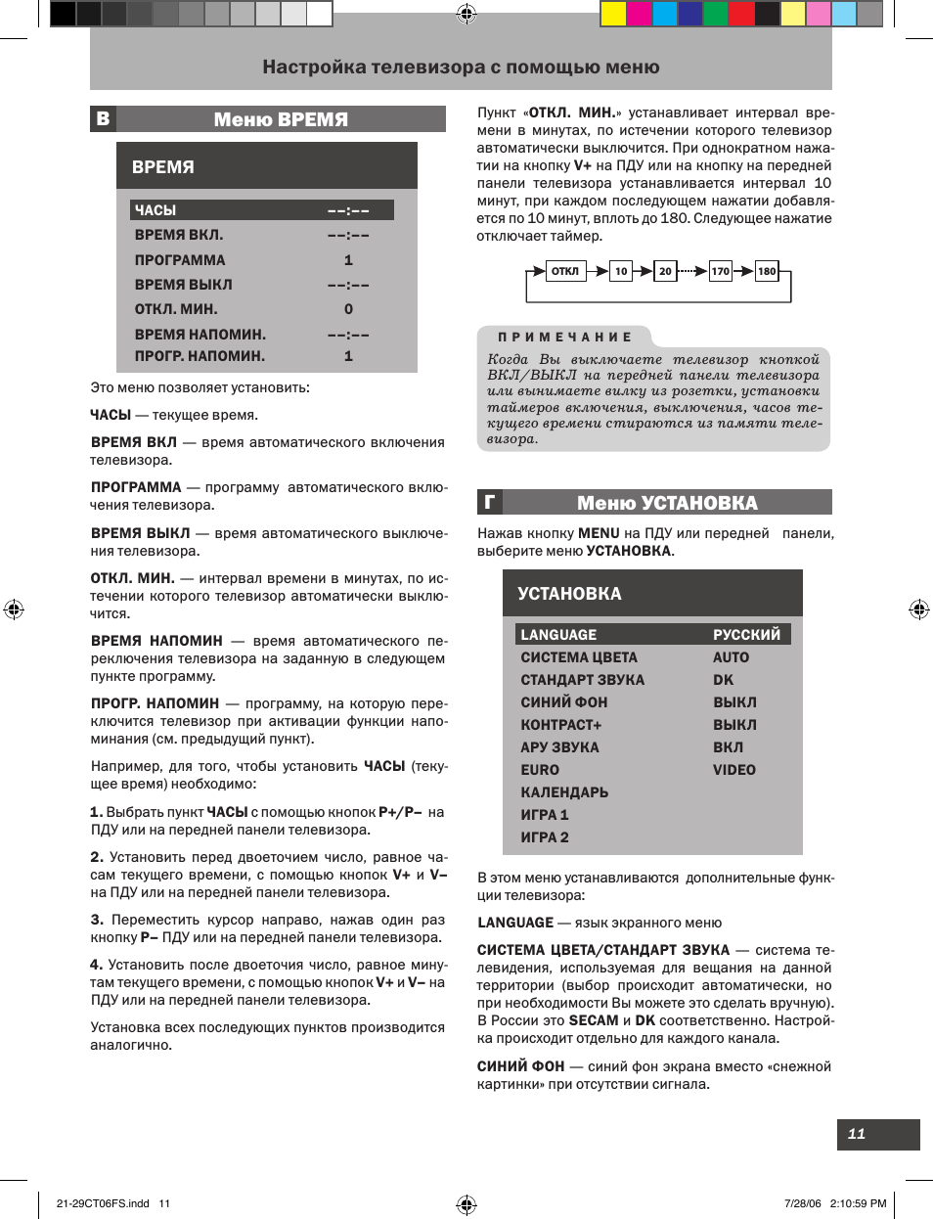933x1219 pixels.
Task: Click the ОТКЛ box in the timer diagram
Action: coord(564,271)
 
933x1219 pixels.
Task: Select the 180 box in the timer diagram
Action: coord(767,271)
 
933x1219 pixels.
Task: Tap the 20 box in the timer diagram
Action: coord(665,271)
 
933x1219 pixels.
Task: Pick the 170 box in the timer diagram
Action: coord(721,271)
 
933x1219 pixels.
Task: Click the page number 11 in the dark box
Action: coord(858,1134)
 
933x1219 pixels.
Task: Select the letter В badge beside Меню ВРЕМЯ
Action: coord(103,119)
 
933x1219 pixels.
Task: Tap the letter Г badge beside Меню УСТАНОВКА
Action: coord(490,503)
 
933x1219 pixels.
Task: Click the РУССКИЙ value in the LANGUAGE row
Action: coord(746,635)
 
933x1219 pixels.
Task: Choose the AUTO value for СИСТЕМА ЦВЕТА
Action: coord(731,657)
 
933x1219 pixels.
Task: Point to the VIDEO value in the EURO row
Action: coord(733,770)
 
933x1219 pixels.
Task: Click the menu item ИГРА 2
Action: coord(545,837)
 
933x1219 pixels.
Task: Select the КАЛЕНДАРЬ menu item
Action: coord(564,792)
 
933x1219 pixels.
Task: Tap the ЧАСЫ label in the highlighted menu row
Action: coord(155,210)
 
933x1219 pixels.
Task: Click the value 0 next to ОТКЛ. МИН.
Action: coord(348,309)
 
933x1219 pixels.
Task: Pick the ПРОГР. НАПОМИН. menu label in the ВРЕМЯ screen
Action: coord(200,356)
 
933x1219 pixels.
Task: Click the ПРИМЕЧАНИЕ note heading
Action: coord(564,337)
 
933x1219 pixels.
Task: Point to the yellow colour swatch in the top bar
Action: coord(613,14)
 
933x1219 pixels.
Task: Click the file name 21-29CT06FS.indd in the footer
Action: coord(103,1203)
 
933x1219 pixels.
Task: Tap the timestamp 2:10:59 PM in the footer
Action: coord(858,1203)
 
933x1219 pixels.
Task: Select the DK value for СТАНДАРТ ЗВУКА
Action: coord(723,680)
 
